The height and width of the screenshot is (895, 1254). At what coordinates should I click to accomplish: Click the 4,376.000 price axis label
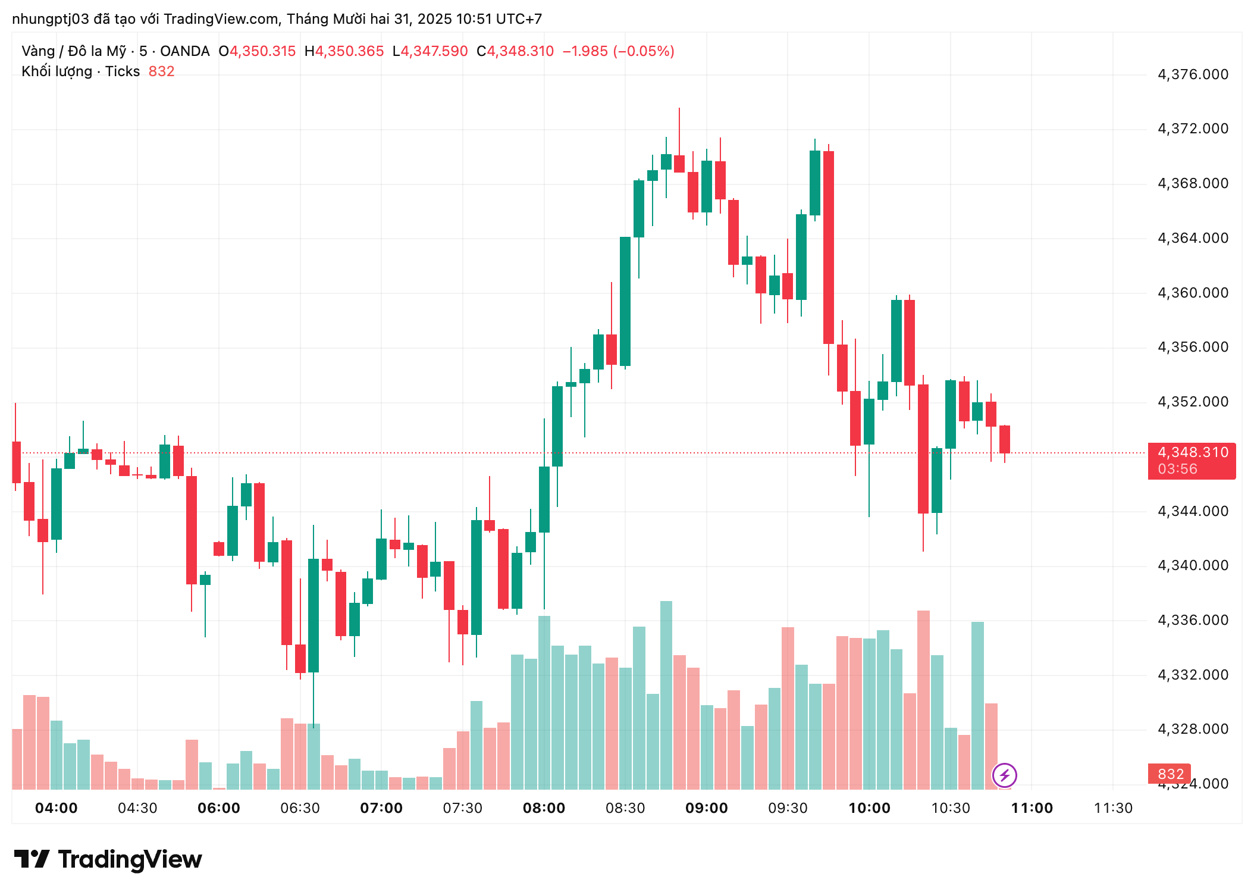[x=1192, y=74]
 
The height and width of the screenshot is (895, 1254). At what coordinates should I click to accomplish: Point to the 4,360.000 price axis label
[x=1192, y=293]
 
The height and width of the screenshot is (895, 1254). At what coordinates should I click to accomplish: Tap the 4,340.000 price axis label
[x=1192, y=565]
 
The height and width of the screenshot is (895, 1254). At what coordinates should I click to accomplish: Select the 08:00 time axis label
[x=544, y=808]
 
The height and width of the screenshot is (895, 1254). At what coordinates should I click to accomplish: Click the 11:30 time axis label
[x=1113, y=808]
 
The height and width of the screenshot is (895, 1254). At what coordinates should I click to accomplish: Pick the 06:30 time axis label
[x=300, y=808]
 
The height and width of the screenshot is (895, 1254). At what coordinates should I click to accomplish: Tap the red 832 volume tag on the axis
[x=1170, y=774]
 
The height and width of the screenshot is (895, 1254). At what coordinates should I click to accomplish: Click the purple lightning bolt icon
[x=1004, y=775]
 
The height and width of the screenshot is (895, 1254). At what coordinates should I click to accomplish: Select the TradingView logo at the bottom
[x=108, y=860]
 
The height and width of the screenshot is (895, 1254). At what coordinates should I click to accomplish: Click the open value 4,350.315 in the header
[x=262, y=51]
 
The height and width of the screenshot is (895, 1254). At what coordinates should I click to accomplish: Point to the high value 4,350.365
[x=349, y=51]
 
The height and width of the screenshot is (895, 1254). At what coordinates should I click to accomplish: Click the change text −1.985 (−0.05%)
[x=618, y=51]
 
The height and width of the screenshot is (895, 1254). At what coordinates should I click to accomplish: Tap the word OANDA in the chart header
[x=184, y=51]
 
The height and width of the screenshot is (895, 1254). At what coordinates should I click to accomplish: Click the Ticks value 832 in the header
[x=161, y=71]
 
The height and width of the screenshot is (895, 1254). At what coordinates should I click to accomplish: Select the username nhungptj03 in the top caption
[x=50, y=19]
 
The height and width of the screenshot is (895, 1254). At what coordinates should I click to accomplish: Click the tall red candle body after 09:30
[x=828, y=247]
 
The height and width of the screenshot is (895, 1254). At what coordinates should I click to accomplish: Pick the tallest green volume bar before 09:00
[x=666, y=694]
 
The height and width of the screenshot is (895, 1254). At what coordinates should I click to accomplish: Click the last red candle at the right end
[x=1005, y=439]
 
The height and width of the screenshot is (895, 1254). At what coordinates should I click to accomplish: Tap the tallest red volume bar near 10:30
[x=923, y=699]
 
